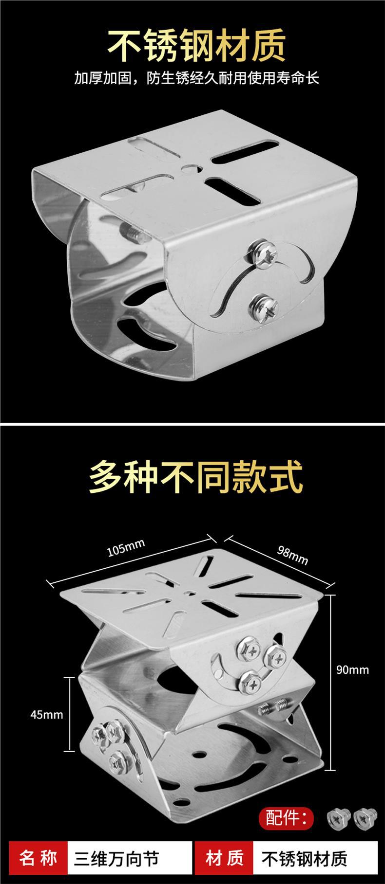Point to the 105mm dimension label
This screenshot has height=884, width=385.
point(126,548)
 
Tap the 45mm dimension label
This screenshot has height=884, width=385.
point(47,714)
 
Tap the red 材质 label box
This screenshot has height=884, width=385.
point(225,858)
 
